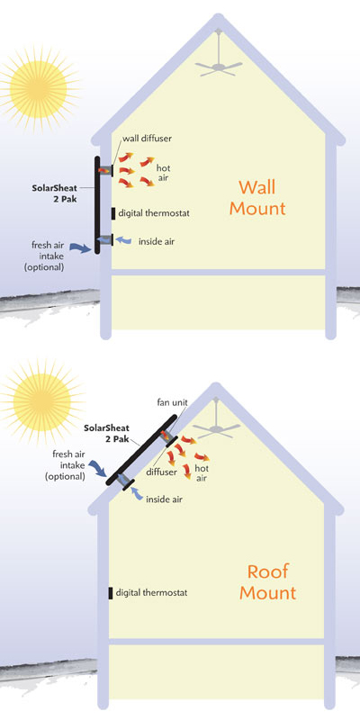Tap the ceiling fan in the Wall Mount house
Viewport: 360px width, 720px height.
pos(219,62)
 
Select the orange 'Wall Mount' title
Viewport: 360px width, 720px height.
pos(257,197)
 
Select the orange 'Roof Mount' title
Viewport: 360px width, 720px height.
pos(267,581)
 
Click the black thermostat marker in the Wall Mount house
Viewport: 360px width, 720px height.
pos(113,213)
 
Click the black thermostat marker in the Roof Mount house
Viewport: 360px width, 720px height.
pos(111,593)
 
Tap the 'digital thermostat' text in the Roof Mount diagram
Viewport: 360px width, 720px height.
pos(151,593)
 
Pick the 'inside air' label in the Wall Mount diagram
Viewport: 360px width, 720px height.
pos(157,240)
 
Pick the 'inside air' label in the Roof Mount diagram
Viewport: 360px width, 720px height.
pos(164,499)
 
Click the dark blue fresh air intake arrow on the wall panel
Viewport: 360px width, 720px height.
pos(81,248)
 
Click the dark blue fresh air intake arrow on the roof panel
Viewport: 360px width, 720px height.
pos(99,468)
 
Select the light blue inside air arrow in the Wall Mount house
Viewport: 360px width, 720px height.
pos(123,239)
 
